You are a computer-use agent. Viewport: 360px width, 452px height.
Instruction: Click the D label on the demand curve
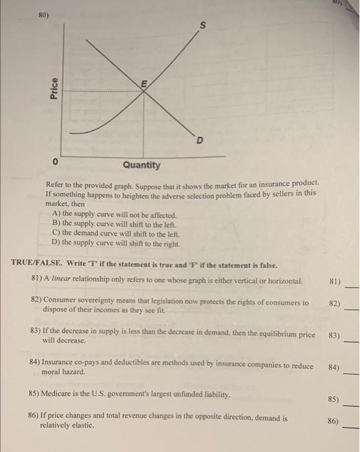[x=200, y=140]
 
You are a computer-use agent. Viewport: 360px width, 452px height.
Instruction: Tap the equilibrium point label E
[x=144, y=83]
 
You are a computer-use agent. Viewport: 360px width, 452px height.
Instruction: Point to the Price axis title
[x=54, y=88]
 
